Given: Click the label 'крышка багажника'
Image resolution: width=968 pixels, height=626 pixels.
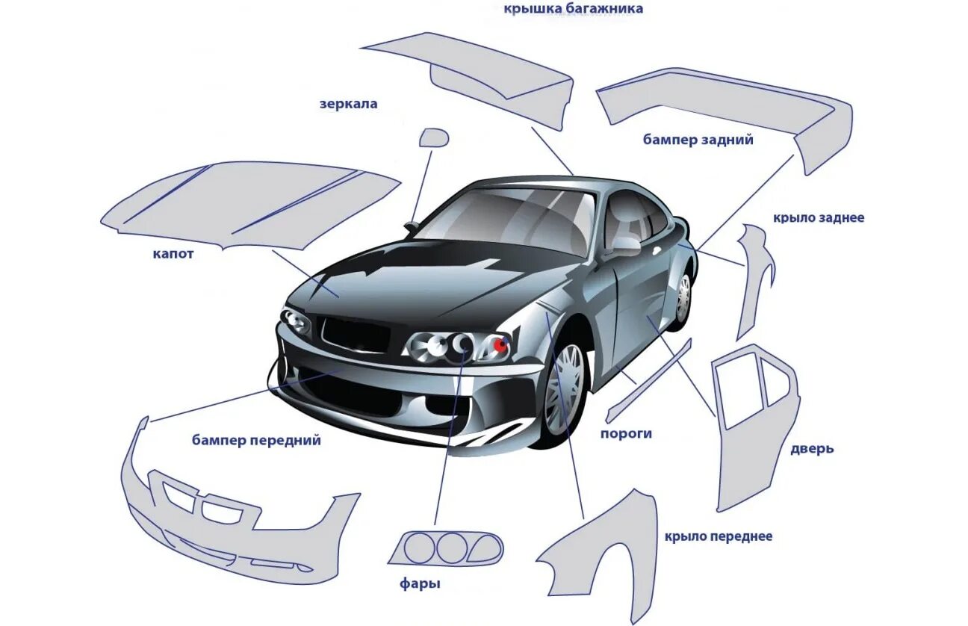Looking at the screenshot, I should point(573,9).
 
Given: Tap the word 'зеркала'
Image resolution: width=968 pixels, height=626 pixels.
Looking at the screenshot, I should point(349,104).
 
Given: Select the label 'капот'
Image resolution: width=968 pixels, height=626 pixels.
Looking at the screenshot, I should point(173,254).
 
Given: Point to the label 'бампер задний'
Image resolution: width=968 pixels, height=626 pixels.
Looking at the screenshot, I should point(698,140).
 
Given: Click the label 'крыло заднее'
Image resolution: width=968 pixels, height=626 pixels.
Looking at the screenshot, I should point(819,218).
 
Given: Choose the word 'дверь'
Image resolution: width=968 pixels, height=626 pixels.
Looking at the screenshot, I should point(812,449).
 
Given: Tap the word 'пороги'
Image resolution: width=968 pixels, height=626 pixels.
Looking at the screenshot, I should point(626,433).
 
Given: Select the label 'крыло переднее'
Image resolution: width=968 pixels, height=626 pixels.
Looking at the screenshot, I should point(718,536).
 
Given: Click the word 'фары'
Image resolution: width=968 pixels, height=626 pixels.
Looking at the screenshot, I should point(420,583).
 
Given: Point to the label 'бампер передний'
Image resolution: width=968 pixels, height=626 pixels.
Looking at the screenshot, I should point(256,440).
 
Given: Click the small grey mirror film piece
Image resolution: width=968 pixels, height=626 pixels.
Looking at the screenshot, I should point(433,137).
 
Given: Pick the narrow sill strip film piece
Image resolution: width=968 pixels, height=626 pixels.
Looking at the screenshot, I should point(648,379).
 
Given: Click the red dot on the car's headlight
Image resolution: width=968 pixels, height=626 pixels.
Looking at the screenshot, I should point(498,344).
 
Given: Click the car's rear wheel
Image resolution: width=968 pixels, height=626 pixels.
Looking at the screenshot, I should point(683,300).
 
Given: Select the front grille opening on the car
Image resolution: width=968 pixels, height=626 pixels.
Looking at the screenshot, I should point(355,334).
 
